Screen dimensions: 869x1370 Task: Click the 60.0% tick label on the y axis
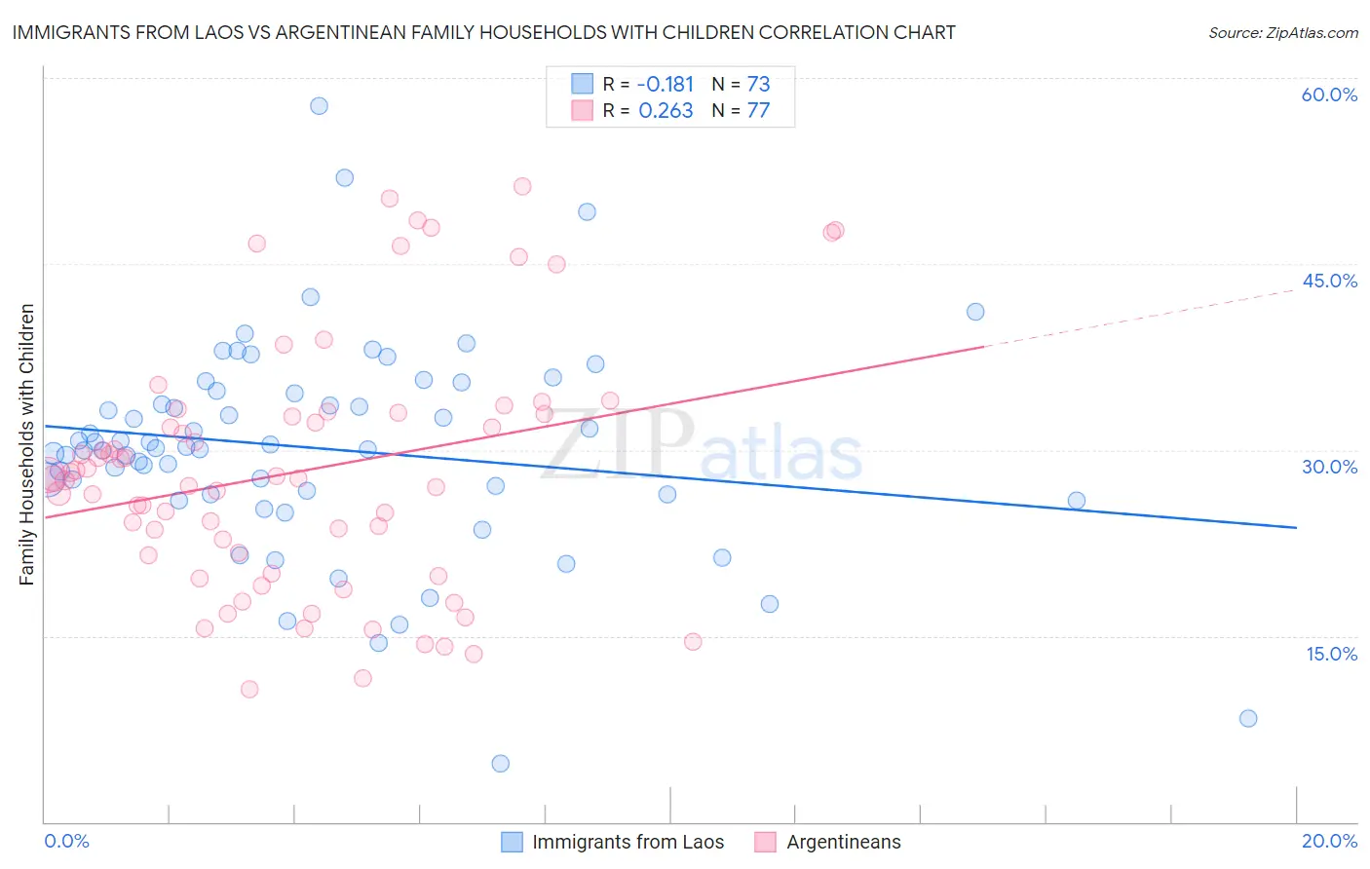pos(1329,94)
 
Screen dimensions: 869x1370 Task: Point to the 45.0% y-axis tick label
pos(1329,281)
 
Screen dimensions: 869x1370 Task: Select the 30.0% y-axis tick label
pos(1329,467)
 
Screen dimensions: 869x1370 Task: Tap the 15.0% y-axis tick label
pos(1331,654)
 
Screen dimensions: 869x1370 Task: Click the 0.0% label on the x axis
pos(66,841)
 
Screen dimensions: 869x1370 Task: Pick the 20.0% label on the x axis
pos(1329,841)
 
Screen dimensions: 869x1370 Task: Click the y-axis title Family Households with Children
pos(26,444)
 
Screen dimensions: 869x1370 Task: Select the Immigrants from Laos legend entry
pos(628,842)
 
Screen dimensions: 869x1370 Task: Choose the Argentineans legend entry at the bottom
pos(843,842)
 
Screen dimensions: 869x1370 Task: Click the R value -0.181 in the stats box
pos(666,84)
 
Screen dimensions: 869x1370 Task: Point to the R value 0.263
pos(666,110)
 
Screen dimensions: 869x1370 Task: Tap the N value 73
pos(758,84)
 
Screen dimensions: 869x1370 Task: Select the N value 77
pos(758,110)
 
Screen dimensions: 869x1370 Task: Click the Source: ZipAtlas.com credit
pos(1282,32)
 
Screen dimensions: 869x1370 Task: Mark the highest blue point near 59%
pos(319,105)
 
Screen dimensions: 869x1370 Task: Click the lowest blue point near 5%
pos(500,763)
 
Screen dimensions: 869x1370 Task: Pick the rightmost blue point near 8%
pos(1247,718)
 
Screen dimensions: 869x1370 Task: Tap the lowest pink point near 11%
pos(249,689)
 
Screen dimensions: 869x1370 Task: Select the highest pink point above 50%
pos(522,186)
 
